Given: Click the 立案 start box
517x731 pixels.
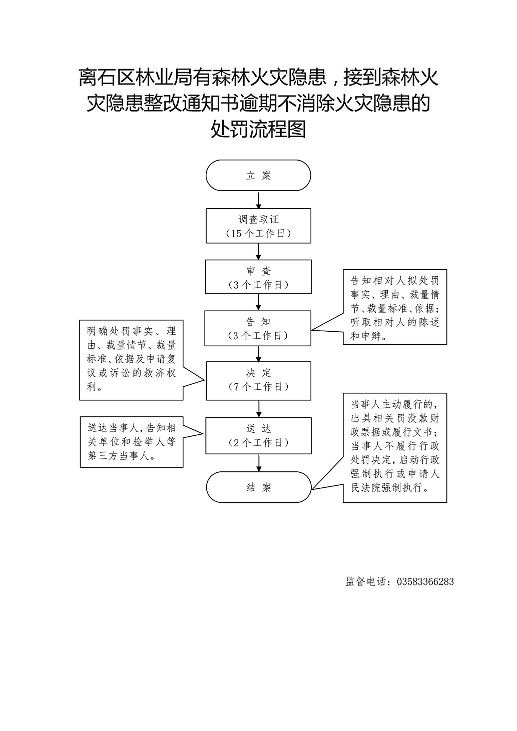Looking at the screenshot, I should point(258,176).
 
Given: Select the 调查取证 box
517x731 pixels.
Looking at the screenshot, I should point(258,226).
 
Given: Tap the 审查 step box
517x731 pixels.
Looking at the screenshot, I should point(258,277).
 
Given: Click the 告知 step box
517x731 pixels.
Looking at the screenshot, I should point(258,328).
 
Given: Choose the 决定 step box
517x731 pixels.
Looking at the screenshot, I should point(258,380).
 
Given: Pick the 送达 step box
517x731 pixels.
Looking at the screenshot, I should point(258,436).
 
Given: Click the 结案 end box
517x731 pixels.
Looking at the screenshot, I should point(258,487).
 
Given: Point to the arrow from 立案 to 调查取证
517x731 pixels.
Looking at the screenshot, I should point(258,200).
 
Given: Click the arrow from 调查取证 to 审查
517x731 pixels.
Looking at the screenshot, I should point(258,251).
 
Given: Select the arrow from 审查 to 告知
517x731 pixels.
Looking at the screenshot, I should point(258,302).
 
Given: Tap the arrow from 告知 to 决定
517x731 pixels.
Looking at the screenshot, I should point(258,354).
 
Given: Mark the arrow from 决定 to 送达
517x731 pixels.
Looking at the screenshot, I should point(258,409).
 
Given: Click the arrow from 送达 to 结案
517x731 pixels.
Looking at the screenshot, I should point(258,462).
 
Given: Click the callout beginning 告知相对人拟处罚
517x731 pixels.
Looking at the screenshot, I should point(395,308).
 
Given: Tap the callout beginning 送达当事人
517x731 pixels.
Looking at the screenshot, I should point(131,442).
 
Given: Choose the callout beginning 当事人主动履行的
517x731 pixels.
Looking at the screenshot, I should point(395,447).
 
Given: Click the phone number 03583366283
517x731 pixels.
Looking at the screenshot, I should point(425,581).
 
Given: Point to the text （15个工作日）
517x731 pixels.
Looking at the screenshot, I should point(258,234).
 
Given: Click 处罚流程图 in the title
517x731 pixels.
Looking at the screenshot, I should point(258,130).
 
